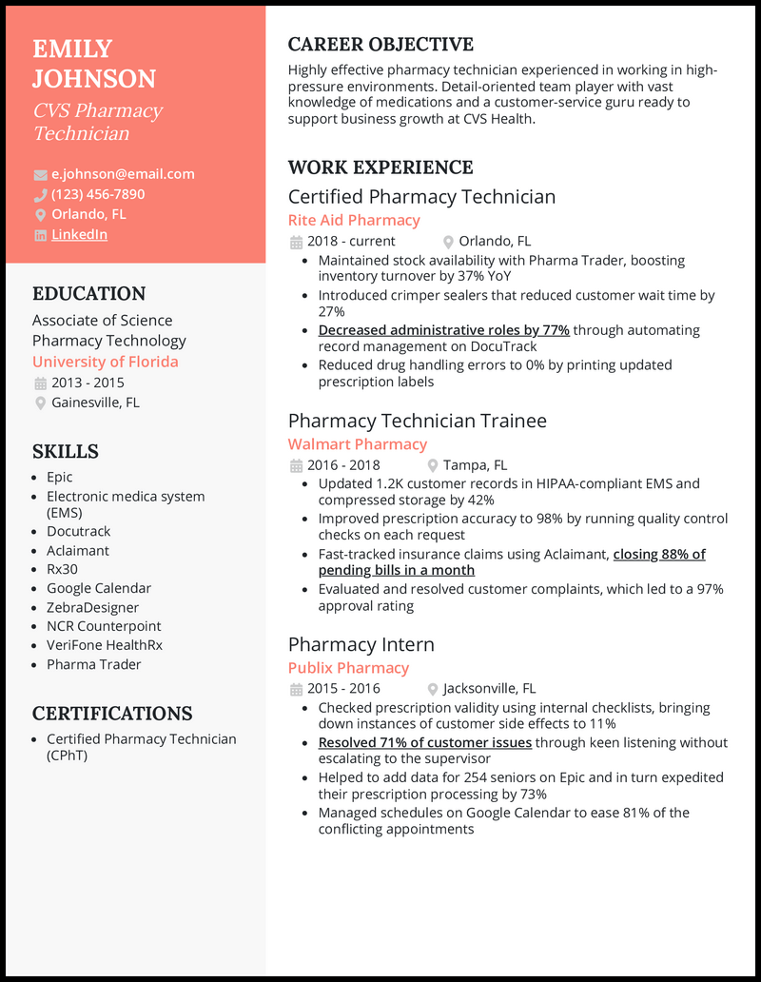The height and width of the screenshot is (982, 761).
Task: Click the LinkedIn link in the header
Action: coord(79,234)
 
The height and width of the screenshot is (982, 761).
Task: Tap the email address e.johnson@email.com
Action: coord(123,174)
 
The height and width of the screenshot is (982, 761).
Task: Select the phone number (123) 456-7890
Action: coord(98,194)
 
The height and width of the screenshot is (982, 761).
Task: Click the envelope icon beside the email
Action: coord(40,175)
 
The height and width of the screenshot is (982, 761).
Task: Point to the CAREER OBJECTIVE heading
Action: coord(380,45)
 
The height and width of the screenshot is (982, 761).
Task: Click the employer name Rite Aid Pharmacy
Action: coord(354,220)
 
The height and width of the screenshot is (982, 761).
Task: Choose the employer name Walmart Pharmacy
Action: coord(358,444)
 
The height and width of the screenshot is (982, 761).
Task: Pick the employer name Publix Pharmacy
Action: coord(348,668)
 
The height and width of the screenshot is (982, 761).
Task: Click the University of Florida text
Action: coord(106,362)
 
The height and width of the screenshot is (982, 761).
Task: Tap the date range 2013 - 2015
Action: coord(88,383)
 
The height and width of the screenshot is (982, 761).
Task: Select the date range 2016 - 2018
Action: coord(343,465)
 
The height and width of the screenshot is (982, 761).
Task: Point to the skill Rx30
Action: coord(63,569)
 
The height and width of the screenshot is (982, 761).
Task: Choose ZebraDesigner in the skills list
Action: coord(93,607)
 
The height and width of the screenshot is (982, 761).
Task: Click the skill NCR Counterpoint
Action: coord(104,626)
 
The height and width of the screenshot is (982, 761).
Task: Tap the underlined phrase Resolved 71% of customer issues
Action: coord(424,742)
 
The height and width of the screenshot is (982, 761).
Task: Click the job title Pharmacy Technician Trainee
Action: coord(418,421)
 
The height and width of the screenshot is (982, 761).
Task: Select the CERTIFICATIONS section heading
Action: coord(112,714)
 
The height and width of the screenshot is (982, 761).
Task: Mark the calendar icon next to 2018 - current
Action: coord(295,242)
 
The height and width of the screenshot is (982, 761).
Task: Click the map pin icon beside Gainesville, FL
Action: coord(40,403)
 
